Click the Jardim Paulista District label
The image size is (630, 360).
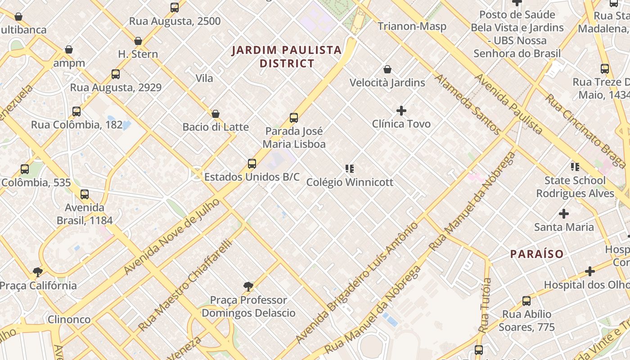click(x=287, y=56)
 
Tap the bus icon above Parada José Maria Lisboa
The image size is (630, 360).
click(x=294, y=118)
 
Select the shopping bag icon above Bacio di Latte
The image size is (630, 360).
click(x=216, y=114)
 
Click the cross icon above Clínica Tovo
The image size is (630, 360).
click(x=401, y=110)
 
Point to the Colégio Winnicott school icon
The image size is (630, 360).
click(x=350, y=169)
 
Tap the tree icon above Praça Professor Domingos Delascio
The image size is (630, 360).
click(x=248, y=286)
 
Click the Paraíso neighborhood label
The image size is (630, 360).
click(x=537, y=254)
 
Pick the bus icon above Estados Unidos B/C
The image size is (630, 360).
click(x=252, y=164)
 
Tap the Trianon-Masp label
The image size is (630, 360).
click(x=412, y=26)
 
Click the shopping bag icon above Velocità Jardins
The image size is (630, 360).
click(x=387, y=69)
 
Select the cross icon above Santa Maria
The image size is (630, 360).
click(x=564, y=213)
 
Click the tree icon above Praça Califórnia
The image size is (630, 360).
click(x=38, y=272)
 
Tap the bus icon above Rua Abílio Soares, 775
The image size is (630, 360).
click(x=526, y=301)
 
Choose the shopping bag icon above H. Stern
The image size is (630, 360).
click(x=138, y=41)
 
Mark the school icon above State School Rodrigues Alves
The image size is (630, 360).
click(x=575, y=167)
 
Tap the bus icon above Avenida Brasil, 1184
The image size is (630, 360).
click(x=85, y=194)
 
